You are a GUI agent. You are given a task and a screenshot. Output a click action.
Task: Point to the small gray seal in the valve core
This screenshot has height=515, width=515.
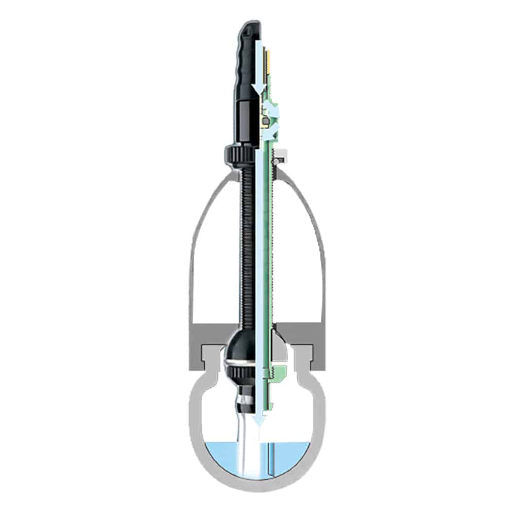pos(263,122)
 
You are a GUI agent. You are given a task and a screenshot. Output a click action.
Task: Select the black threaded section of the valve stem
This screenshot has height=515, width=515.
pos(247,242)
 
